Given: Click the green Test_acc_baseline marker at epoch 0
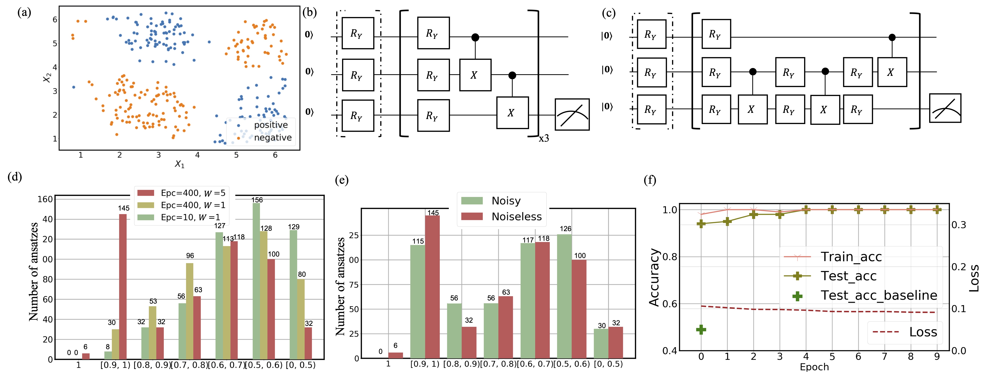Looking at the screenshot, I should pyautogui.click(x=701, y=329).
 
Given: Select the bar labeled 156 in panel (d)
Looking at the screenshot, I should pyautogui.click(x=256, y=280).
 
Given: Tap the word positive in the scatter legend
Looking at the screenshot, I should pyautogui.click(x=271, y=125).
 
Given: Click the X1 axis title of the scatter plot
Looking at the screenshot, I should pyautogui.click(x=180, y=164).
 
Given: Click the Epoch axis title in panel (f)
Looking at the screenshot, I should pyautogui.click(x=814, y=367).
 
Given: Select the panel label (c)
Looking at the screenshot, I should pyautogui.click(x=609, y=13).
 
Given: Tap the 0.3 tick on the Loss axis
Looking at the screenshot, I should pyautogui.click(x=959, y=225).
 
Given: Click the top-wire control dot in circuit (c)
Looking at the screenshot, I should pyautogui.click(x=892, y=37).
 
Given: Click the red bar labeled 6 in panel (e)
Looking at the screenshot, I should pyautogui.click(x=395, y=355).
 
